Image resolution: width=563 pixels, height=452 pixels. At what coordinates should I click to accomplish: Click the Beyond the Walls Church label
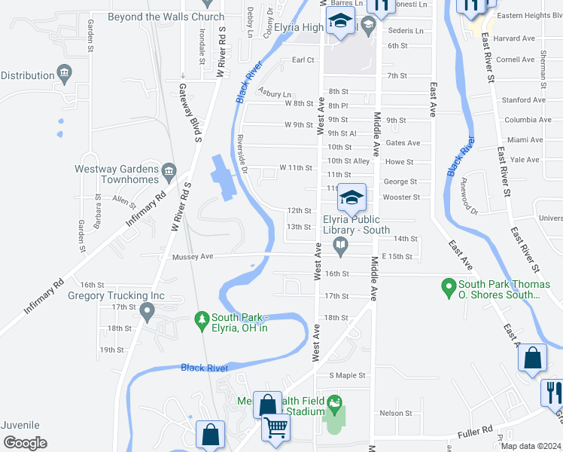166,17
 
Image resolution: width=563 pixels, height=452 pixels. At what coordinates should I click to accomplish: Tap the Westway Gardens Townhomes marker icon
169,173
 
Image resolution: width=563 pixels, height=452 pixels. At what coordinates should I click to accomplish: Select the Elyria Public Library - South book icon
341,243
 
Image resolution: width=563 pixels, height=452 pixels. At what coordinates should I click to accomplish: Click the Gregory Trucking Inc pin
147,310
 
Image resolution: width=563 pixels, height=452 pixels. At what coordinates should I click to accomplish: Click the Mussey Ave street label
193,257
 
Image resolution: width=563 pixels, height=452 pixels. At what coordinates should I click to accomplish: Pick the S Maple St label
346,375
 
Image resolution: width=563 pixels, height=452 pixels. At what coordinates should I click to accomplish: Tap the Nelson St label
396,413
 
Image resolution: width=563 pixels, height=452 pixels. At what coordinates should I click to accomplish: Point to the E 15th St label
397,257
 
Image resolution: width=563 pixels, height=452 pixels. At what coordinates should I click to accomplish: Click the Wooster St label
401,197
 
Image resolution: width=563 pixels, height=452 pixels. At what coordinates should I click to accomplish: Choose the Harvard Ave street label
515,38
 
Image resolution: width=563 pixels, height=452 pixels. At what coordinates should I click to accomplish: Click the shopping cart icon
276,427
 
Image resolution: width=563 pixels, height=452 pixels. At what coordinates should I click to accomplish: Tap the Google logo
25,442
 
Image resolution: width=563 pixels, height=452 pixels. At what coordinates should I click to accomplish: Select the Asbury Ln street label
274,93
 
